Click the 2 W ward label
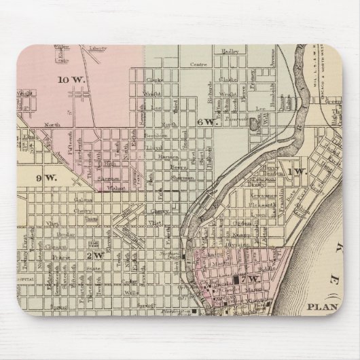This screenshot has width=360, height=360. coord(94,255)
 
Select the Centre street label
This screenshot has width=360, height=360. coord(198,66)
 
